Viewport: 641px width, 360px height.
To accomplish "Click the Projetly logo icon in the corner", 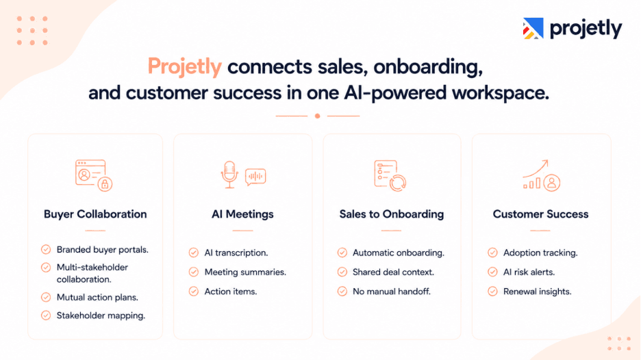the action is (533, 28).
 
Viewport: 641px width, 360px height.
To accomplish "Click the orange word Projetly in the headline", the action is (184, 66).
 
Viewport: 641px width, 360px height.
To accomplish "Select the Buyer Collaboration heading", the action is (95, 214).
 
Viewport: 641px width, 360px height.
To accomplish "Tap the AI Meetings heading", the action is (242, 214).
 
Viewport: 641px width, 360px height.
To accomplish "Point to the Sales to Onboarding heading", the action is (392, 214).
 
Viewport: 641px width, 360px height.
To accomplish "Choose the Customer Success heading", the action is (540, 214).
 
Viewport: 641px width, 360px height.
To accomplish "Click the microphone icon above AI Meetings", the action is (229, 175).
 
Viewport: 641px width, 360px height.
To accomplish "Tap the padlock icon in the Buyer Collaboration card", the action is (105, 184).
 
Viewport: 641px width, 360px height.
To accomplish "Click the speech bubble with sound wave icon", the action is (255, 177).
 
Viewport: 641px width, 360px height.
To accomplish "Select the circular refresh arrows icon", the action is (398, 182).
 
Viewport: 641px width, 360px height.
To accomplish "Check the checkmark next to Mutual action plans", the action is (46, 297).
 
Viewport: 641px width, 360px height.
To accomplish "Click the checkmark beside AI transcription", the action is (194, 253).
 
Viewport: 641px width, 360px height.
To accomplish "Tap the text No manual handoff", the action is (392, 292).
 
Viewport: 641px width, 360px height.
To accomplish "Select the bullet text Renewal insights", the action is (537, 292).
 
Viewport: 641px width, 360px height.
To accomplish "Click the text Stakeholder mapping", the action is (101, 316).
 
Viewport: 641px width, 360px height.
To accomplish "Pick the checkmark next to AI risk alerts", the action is (492, 272).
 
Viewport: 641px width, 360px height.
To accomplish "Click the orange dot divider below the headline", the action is (317, 116).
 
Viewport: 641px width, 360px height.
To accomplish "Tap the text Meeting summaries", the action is (245, 272).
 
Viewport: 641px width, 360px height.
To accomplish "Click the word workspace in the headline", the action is (501, 93).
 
